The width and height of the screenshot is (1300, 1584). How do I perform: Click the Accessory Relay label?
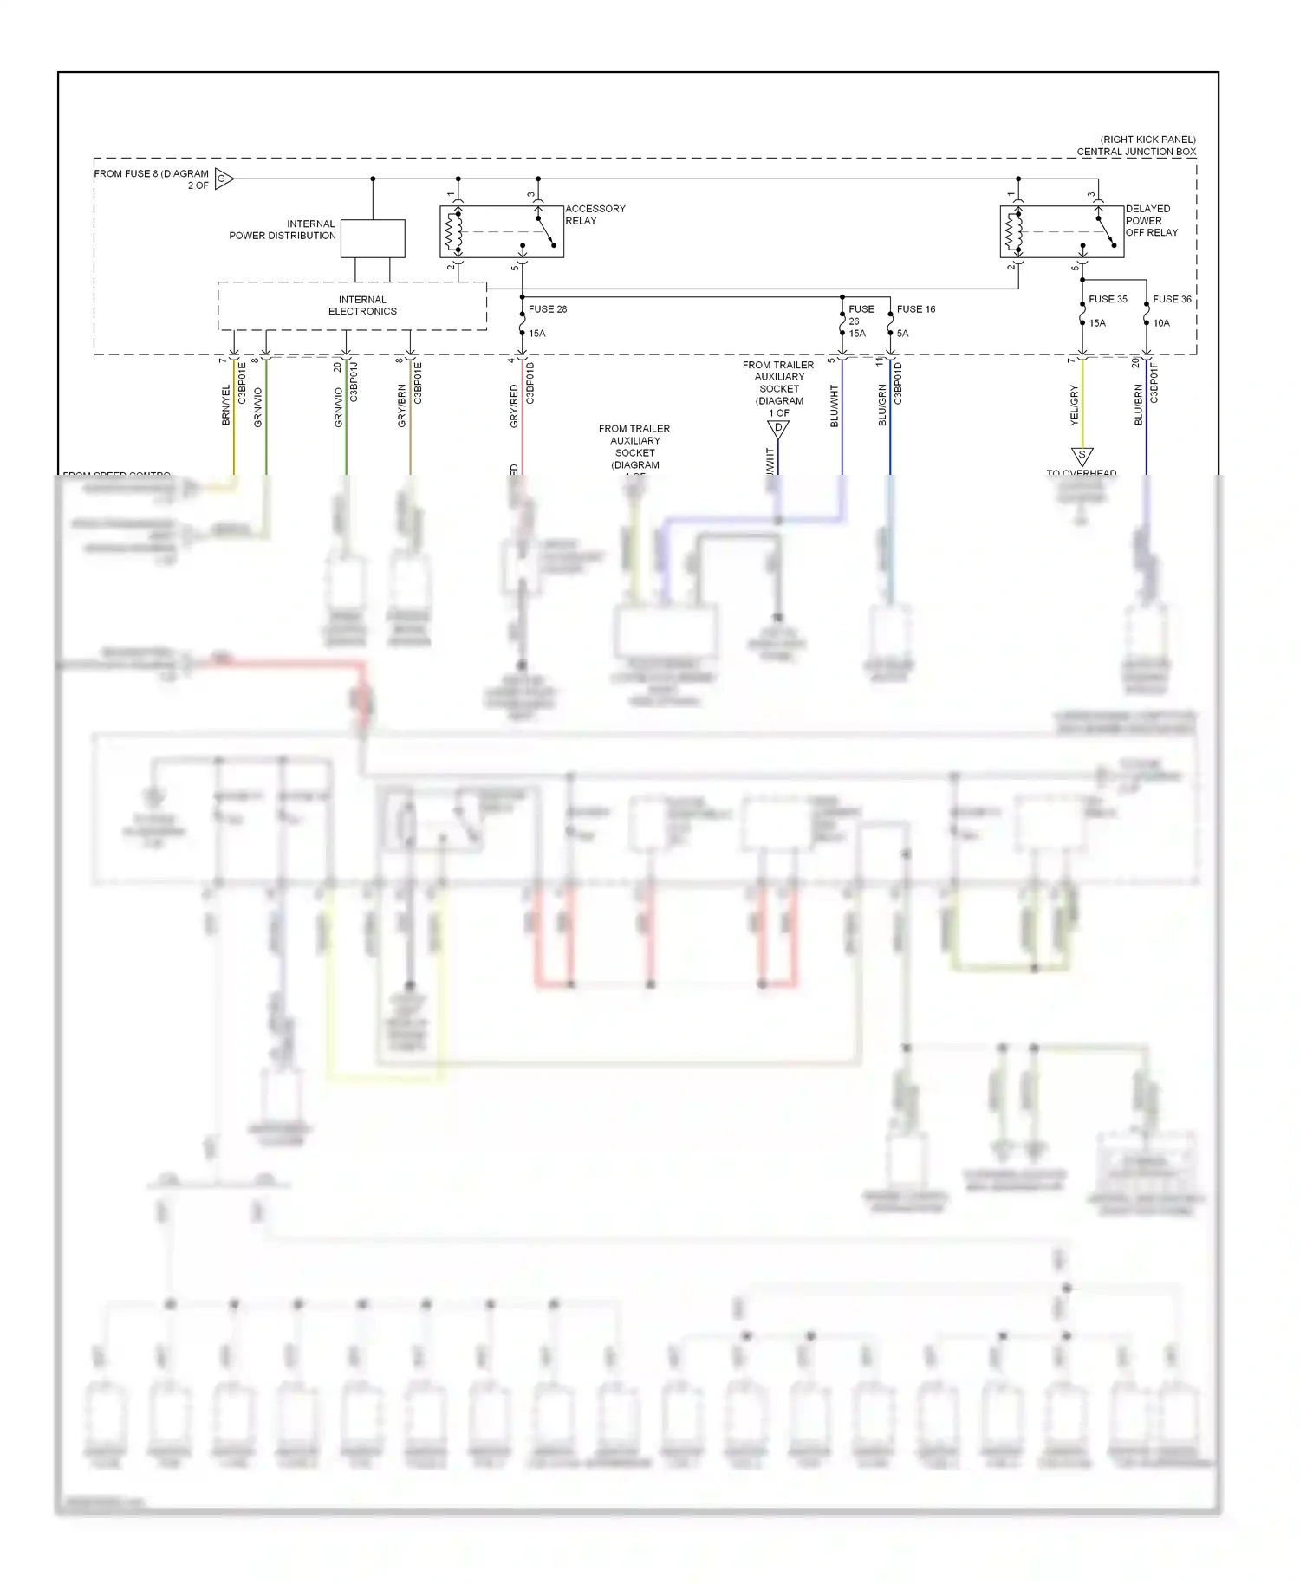(595, 215)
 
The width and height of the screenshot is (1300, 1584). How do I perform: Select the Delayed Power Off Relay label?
(1151, 221)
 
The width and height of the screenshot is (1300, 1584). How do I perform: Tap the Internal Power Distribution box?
(373, 238)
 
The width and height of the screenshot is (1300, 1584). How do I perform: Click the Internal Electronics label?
(362, 306)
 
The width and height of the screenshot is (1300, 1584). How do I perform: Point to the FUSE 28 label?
(548, 309)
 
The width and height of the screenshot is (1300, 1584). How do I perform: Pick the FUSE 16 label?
(916, 309)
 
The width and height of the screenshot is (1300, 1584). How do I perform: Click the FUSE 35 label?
(1108, 300)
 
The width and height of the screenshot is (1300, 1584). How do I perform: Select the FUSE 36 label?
(1172, 300)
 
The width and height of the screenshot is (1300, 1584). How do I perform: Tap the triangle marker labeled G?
(223, 179)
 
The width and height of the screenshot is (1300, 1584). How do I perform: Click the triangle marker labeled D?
(778, 428)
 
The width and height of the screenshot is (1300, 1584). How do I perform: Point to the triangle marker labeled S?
(1082, 455)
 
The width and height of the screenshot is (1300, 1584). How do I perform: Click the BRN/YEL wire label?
(226, 405)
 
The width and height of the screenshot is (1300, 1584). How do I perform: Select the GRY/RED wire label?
(514, 406)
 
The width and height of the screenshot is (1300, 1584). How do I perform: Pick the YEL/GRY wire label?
(1075, 405)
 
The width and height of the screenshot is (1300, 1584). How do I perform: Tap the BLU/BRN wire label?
(1139, 405)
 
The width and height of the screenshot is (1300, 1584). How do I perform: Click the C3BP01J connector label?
(354, 382)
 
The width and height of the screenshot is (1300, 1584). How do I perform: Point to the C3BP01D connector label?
(898, 383)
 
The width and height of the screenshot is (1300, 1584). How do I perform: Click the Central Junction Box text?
(1136, 152)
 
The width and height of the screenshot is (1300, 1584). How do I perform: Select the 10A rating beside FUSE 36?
(1161, 323)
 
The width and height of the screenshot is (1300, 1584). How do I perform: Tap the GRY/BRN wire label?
(402, 406)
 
